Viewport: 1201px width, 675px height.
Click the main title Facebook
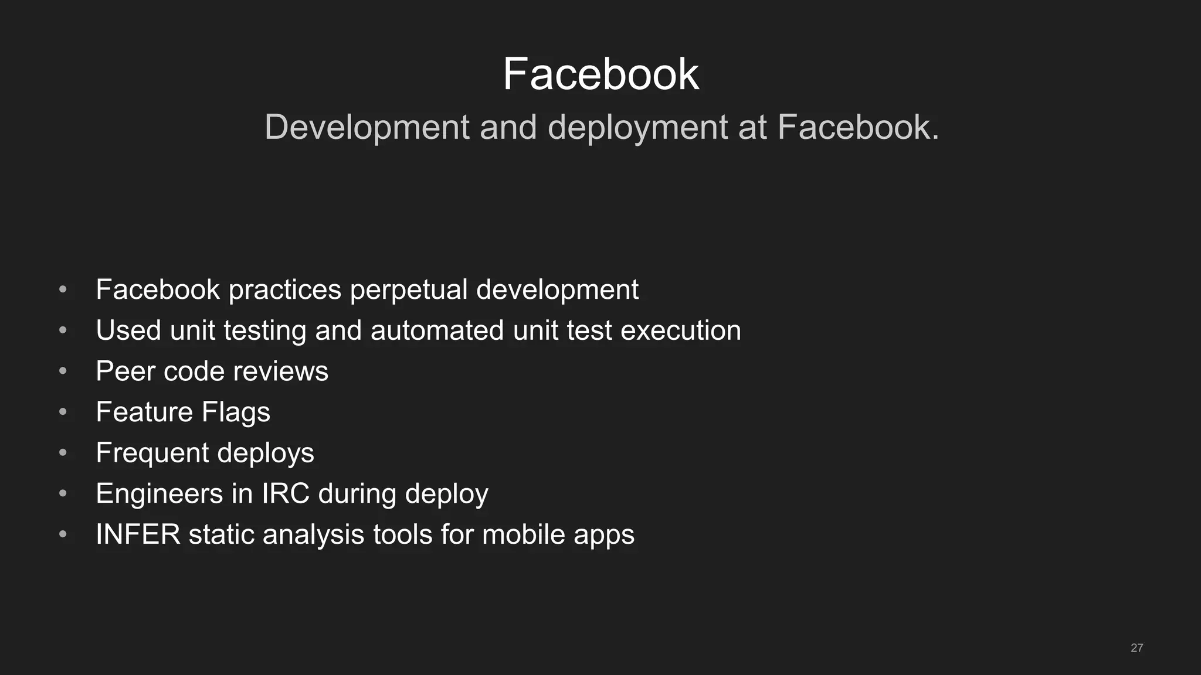pos(600,74)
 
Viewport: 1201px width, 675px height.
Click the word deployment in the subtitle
pos(637,127)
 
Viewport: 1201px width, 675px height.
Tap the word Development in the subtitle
pos(367,127)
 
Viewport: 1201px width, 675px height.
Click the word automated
pos(437,330)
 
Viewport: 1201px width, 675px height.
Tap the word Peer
pos(125,371)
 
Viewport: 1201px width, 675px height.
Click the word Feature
pos(144,412)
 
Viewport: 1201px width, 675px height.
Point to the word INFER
pos(138,534)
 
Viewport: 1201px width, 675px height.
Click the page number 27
pos(1136,648)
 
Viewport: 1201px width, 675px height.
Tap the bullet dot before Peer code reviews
pos(63,371)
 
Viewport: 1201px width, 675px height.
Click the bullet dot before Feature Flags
pos(63,412)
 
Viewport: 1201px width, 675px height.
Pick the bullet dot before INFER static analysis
pos(63,534)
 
